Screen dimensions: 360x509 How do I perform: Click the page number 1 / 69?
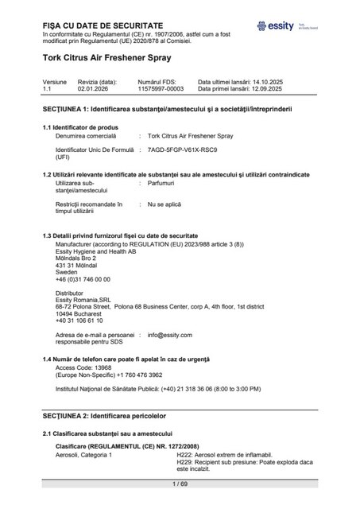click(x=180, y=484)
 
